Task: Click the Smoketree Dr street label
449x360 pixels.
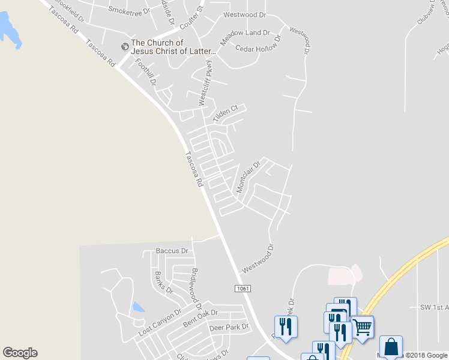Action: point(131,10)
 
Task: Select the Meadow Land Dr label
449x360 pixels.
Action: point(244,37)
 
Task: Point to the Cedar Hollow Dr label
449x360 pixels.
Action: point(259,47)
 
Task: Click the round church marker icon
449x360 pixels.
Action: point(125,46)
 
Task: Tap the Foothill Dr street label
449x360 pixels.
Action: point(146,71)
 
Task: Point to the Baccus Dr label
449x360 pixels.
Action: point(172,250)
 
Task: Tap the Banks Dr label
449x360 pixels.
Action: point(163,282)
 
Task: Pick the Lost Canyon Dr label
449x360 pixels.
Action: point(160,323)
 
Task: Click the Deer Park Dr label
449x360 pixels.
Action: point(229,328)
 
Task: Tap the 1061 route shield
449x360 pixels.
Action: point(242,289)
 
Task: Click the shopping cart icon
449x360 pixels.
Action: point(362,328)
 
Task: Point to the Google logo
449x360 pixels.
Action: point(20,353)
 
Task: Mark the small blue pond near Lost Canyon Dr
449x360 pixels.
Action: point(138,307)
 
